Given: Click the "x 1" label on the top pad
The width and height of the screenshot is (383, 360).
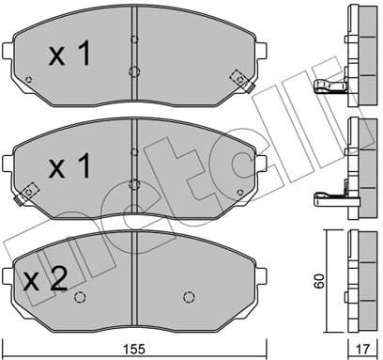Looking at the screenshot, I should pos(69,56).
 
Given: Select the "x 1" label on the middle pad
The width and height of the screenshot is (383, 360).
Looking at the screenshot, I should pos(69,168).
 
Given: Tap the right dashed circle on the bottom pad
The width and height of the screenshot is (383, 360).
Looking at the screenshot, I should pos(192,299).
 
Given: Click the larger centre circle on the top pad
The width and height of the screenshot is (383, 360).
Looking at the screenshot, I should pos(134,71).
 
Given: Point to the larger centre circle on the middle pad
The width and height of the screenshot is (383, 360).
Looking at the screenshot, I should pos(134,183).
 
